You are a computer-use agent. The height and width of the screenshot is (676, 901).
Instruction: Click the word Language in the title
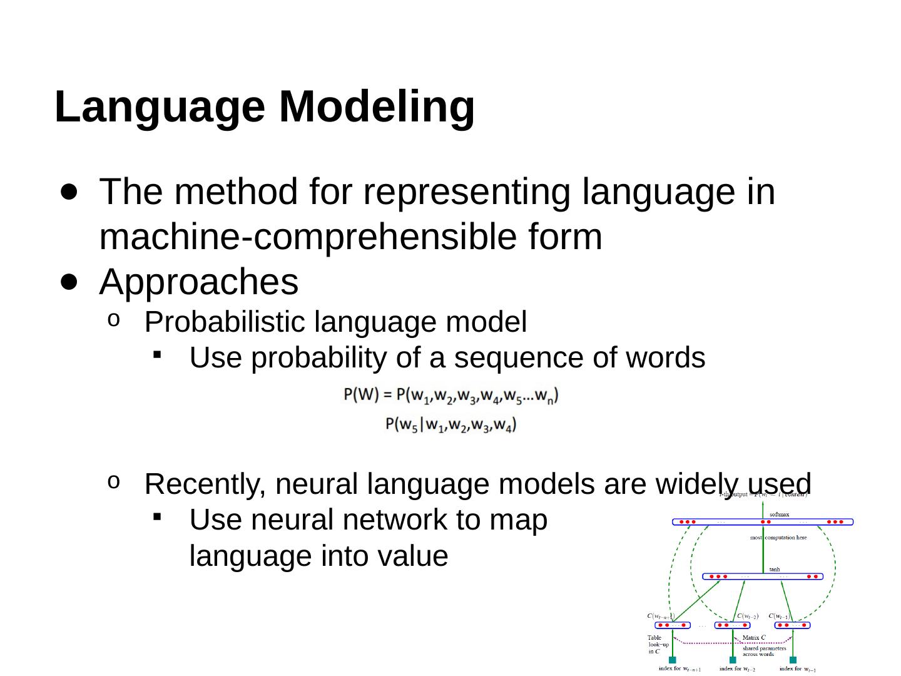coord(160,107)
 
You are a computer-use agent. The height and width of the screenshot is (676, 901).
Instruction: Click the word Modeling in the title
coord(377,107)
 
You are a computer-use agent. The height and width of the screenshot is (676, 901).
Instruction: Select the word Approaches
coord(199,282)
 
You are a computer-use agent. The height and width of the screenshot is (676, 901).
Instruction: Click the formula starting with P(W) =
coord(451,396)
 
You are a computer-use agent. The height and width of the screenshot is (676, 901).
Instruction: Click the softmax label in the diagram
coord(779,515)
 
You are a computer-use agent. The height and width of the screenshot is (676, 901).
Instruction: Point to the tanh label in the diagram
coord(775,570)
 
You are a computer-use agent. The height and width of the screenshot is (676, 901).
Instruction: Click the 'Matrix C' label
coord(754,638)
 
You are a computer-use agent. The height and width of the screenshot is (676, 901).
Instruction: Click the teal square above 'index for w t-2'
coord(733,660)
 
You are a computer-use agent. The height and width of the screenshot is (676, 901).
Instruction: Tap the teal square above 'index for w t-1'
coord(793,660)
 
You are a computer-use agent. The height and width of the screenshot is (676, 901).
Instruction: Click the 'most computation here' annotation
coord(778,538)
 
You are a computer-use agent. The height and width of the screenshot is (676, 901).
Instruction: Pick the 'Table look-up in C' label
coord(658,645)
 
